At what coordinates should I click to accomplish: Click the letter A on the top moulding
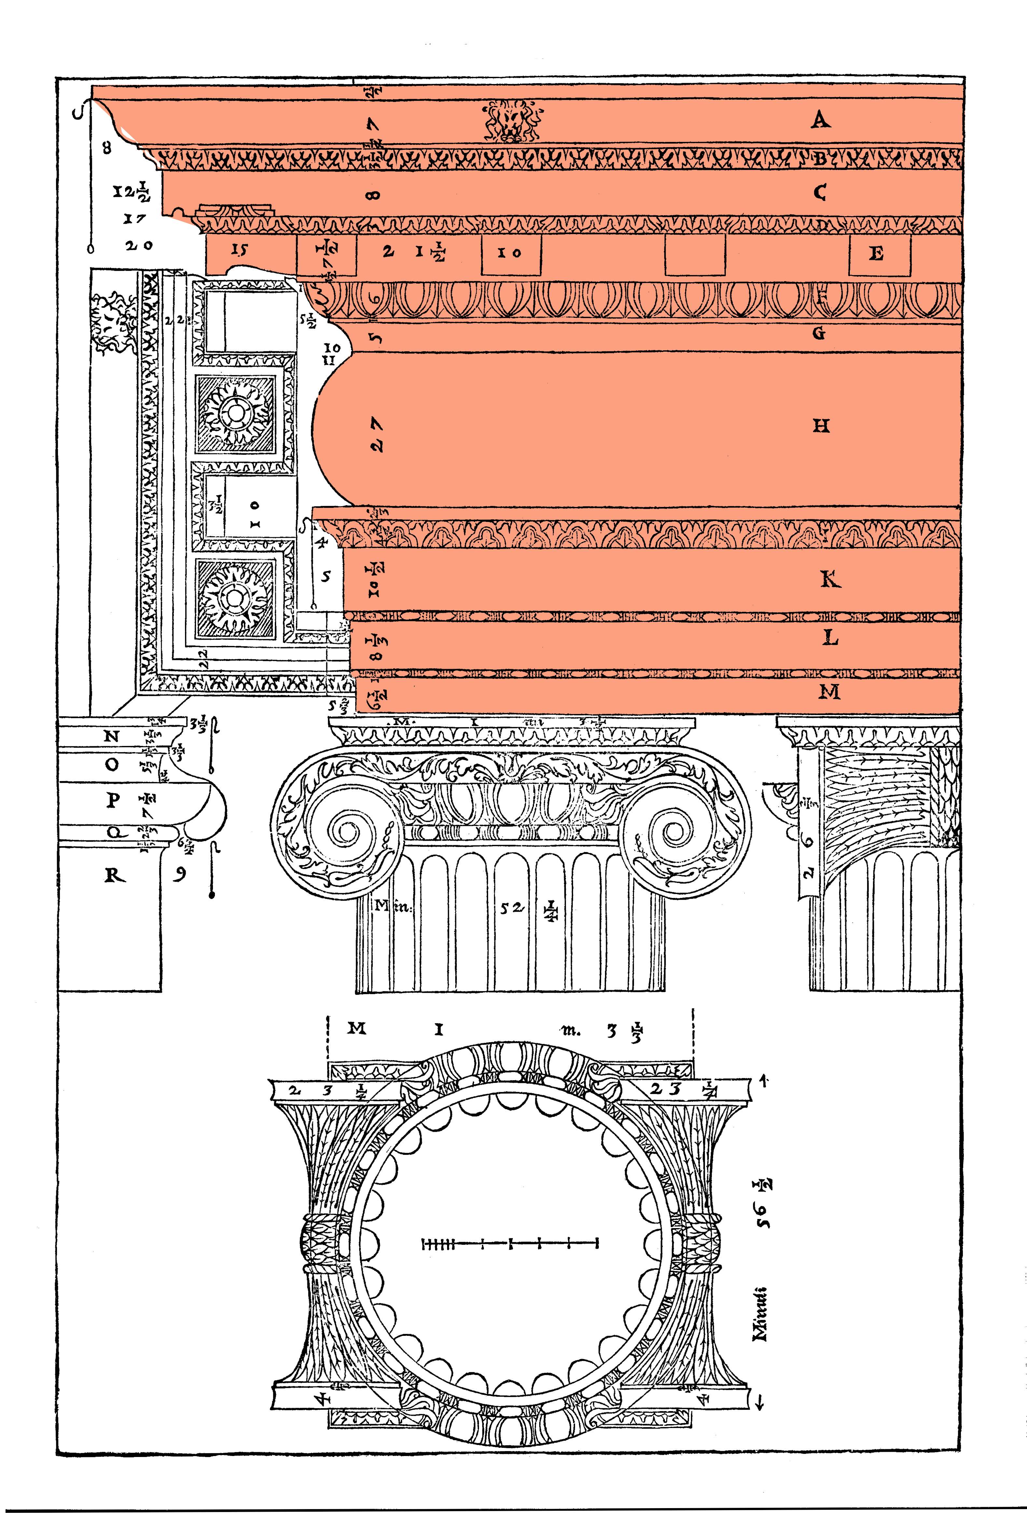[820, 120]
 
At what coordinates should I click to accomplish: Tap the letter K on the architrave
[830, 579]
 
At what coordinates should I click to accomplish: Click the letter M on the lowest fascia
[829, 692]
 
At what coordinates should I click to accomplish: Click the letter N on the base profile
[112, 736]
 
